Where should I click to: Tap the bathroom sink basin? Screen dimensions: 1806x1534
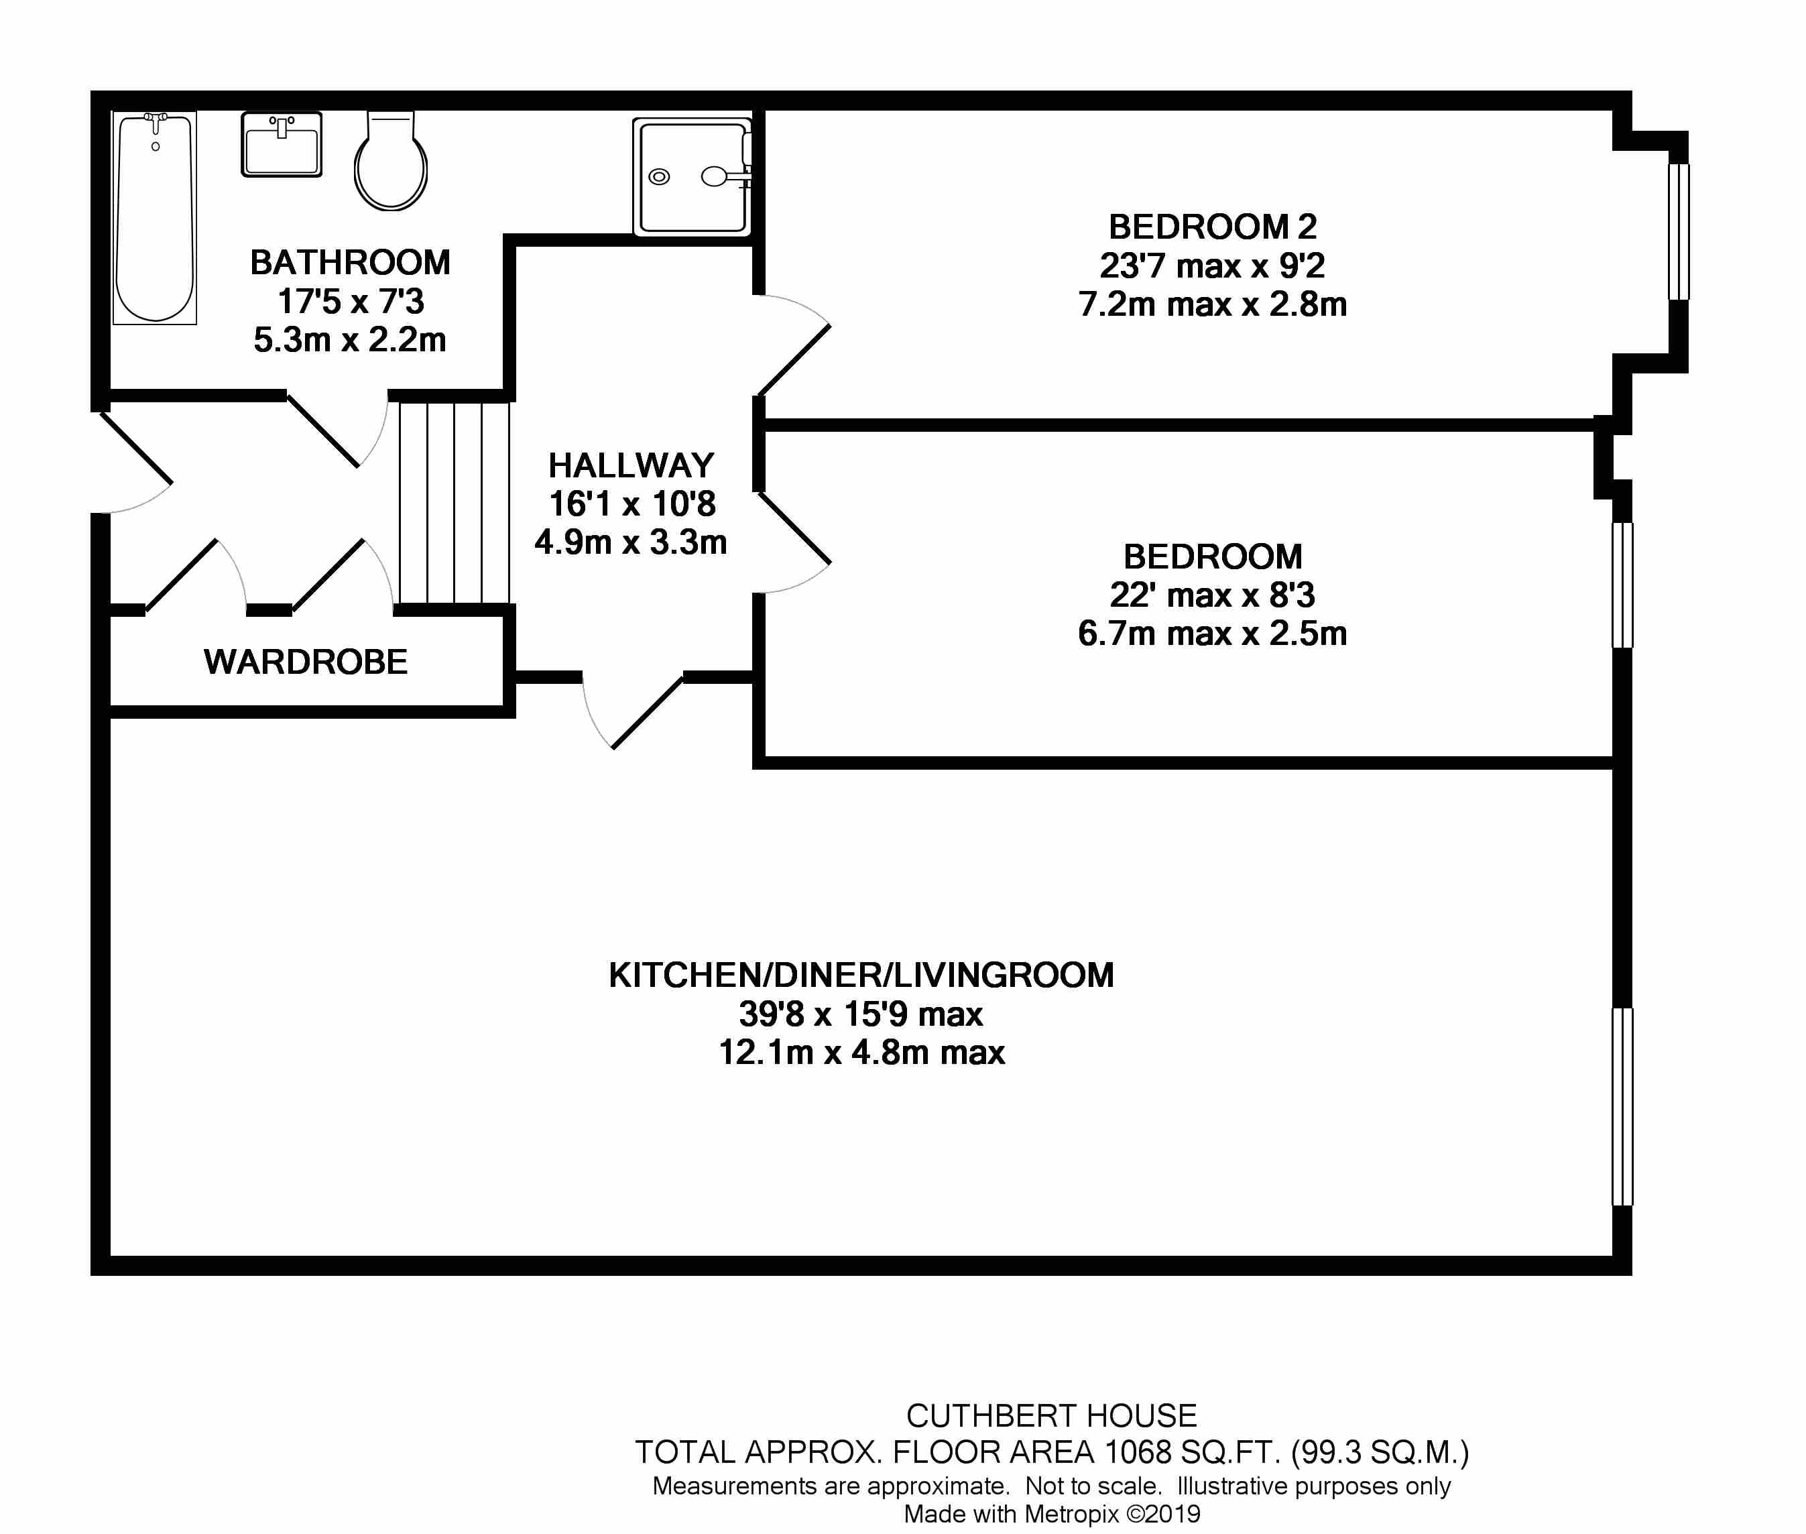pyautogui.click(x=282, y=144)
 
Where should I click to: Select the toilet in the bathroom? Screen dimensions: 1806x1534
pyautogui.click(x=390, y=161)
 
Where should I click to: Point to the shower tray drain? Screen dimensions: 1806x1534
pyautogui.click(x=659, y=178)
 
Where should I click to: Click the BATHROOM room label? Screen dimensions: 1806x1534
pyautogui.click(x=351, y=263)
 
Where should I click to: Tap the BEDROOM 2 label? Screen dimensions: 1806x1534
pyautogui.click(x=1213, y=227)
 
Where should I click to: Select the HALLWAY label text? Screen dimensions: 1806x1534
pyautogui.click(x=631, y=465)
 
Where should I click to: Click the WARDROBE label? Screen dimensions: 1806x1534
pyautogui.click(x=306, y=662)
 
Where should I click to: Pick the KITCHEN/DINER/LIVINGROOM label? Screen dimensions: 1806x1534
pyautogui.click(x=861, y=975)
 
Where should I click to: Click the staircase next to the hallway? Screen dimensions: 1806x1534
pyautogui.click(x=454, y=503)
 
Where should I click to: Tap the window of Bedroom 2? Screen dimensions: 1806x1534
pyautogui.click(x=1678, y=231)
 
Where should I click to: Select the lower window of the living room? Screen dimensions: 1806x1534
pyautogui.click(x=1622, y=1106)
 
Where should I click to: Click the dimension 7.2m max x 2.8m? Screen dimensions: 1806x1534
pyautogui.click(x=1213, y=304)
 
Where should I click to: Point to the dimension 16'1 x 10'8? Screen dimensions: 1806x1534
pyautogui.click(x=632, y=504)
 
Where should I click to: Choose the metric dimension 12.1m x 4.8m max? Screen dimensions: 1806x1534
pyautogui.click(x=861, y=1052)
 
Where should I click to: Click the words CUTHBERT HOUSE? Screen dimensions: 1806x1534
pyautogui.click(x=1051, y=1416)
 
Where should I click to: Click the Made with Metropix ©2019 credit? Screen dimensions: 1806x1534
pyautogui.click(x=1052, y=1514)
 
